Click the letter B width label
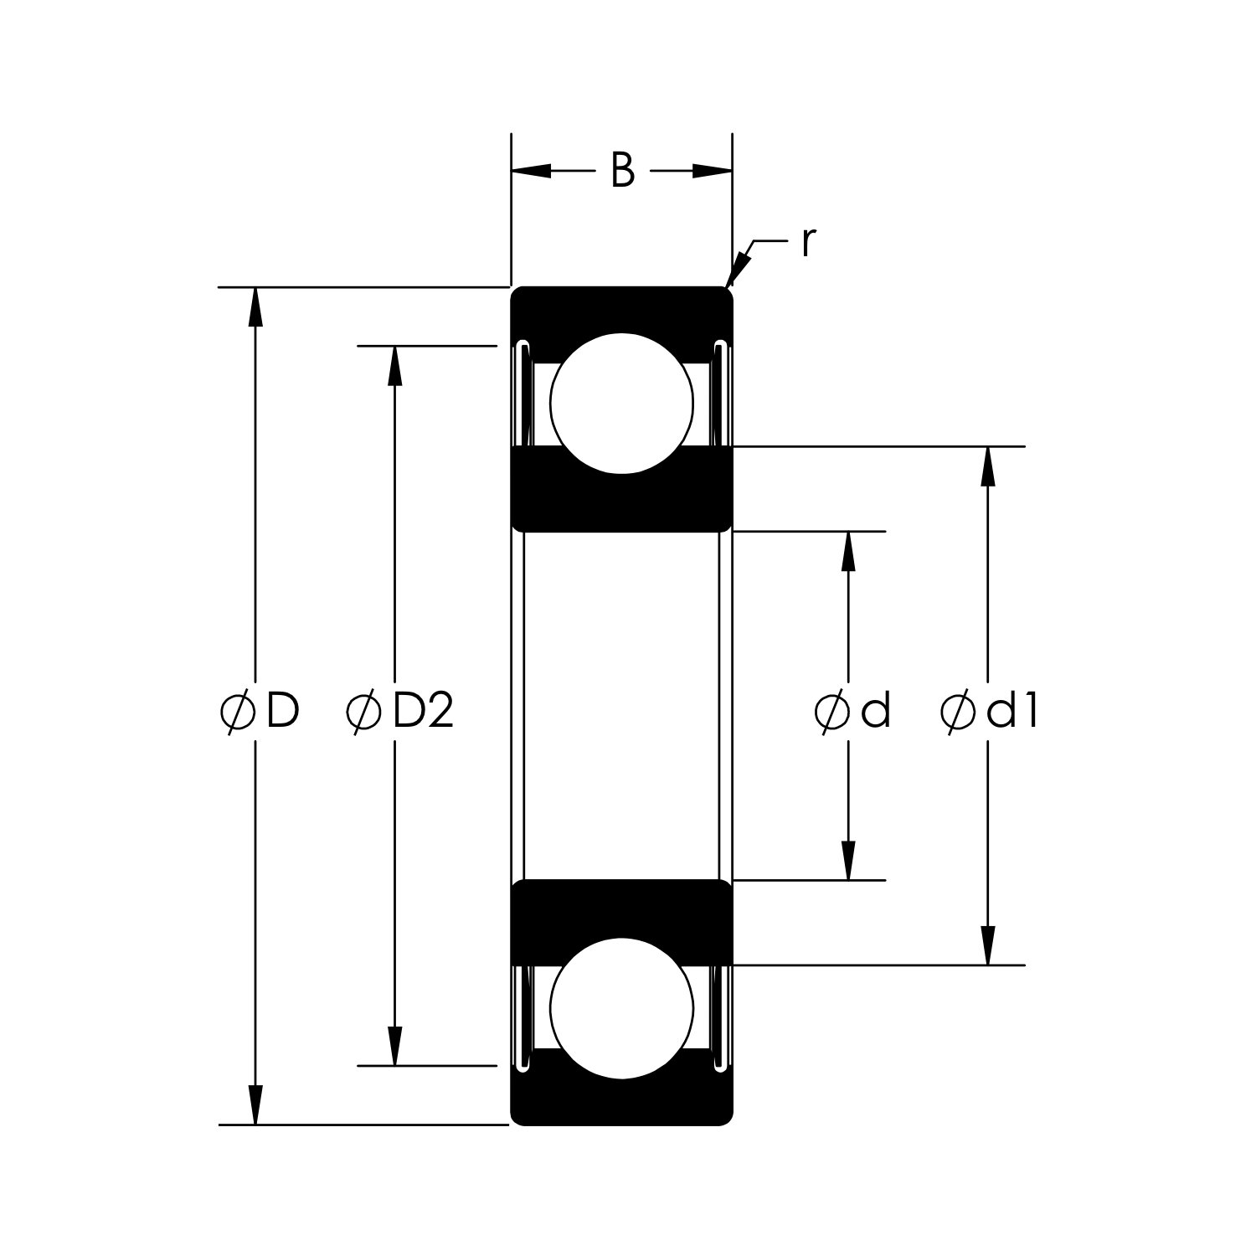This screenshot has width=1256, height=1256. (622, 171)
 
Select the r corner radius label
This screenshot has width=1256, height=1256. (807, 242)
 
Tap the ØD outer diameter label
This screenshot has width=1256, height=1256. (260, 712)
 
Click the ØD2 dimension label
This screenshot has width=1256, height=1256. (400, 712)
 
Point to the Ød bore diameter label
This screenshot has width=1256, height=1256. (852, 712)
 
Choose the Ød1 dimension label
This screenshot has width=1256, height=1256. (990, 712)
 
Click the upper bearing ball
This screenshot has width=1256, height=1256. (622, 403)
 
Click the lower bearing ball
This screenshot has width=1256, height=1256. (622, 1007)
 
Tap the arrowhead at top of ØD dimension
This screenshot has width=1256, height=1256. (255, 306)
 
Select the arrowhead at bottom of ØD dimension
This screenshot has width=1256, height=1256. (255, 1106)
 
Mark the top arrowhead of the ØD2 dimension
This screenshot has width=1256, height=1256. (394, 364)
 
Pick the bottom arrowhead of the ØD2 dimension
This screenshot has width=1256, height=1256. (394, 1047)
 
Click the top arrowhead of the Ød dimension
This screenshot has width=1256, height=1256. (849, 550)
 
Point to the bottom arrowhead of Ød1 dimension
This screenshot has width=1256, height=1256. (988, 946)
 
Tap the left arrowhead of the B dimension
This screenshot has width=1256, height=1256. (531, 172)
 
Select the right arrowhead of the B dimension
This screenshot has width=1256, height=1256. (713, 172)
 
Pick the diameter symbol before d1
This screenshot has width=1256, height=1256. (957, 713)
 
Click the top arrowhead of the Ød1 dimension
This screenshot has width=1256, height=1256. (988, 466)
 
